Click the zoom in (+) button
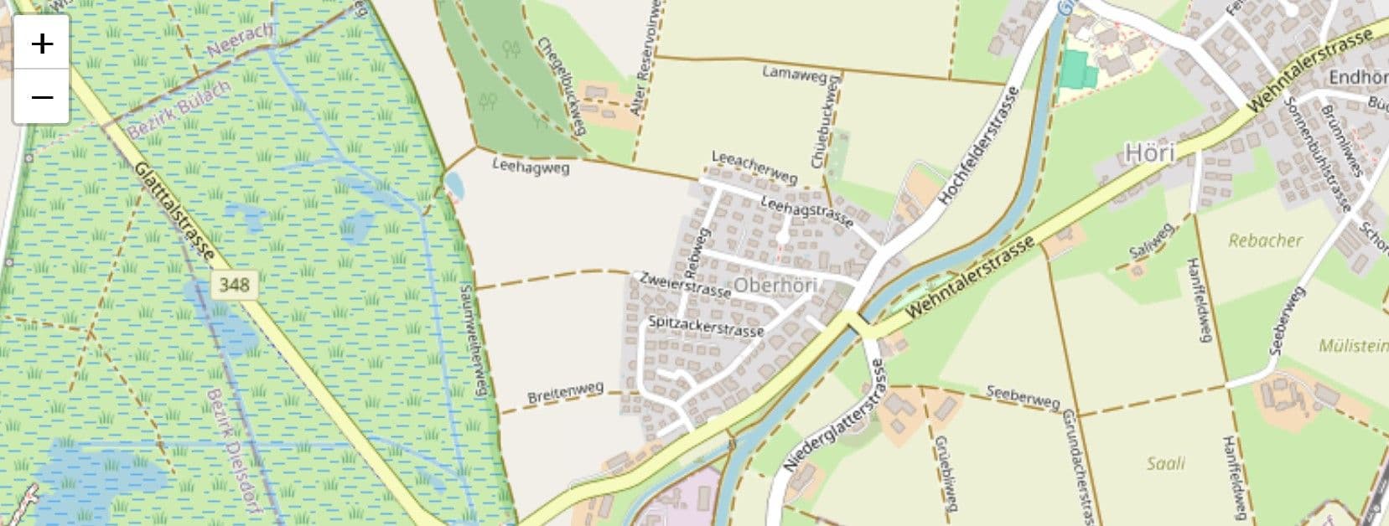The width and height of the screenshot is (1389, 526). point(41,44)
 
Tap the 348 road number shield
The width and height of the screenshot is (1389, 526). point(234,285)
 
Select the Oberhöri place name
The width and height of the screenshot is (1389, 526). point(775,286)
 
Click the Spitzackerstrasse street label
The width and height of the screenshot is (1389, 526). point(706,326)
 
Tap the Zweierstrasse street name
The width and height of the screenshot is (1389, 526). point(684,284)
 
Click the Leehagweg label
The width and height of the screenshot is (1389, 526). point(531,167)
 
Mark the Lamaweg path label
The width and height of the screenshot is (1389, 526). point(794,73)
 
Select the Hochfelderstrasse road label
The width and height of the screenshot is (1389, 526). point(978,145)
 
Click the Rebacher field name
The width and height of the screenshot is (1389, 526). point(1265,240)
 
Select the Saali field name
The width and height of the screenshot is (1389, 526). point(1166,462)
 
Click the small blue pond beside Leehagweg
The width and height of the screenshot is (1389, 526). point(454,186)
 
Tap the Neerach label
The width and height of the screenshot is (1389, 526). point(240,40)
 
